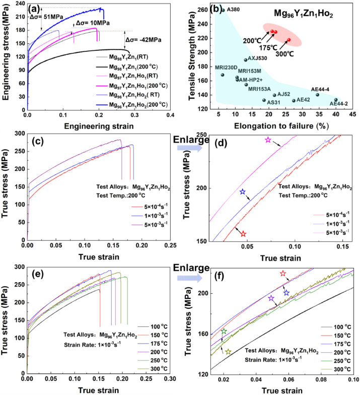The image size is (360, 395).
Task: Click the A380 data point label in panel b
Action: click(x=233, y=10)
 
